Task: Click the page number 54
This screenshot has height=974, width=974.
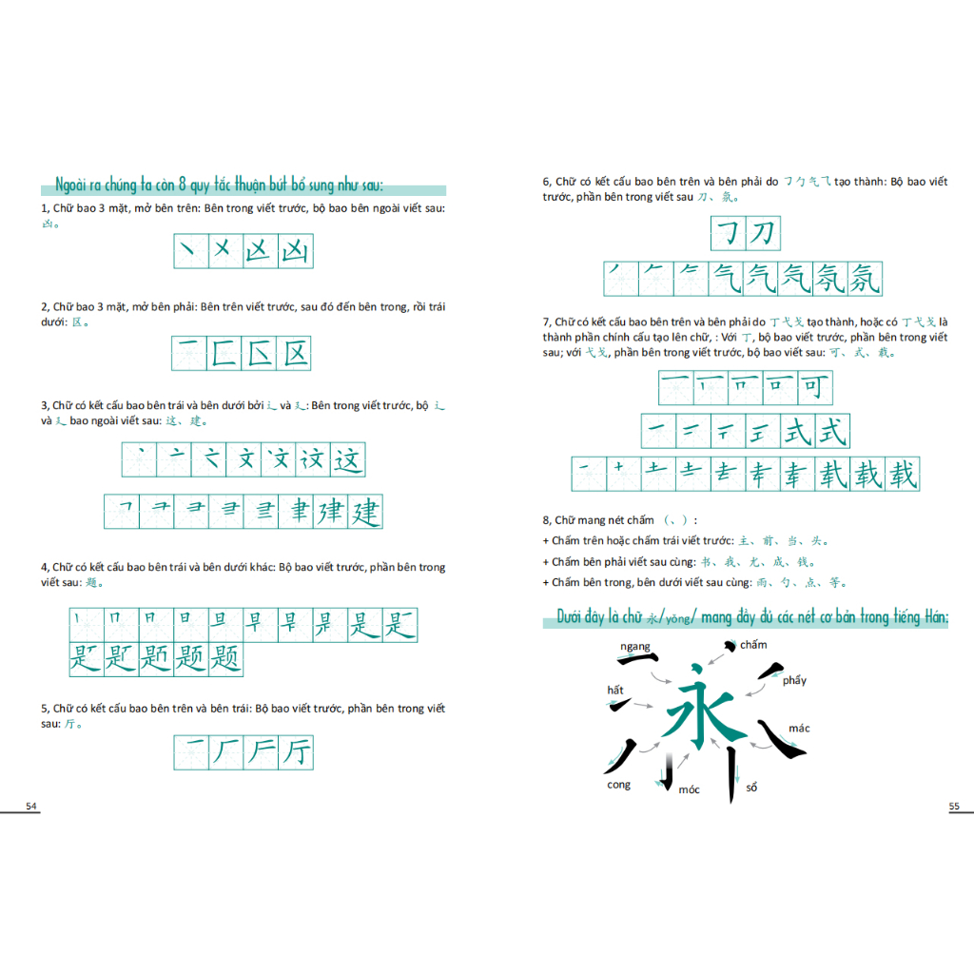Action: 31,807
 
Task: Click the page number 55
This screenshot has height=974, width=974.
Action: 954,807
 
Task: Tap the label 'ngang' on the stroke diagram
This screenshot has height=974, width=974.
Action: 634,647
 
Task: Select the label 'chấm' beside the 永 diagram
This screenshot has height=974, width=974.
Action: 753,645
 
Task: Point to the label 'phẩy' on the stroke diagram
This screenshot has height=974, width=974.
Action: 794,680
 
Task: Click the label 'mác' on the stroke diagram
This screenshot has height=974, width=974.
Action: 799,729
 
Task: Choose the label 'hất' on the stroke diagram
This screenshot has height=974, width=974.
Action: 616,690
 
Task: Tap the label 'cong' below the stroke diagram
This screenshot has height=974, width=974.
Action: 618,785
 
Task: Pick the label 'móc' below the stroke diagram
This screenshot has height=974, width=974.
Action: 689,789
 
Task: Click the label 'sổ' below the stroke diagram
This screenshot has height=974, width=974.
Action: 751,787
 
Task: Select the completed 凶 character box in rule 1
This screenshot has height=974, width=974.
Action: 295,251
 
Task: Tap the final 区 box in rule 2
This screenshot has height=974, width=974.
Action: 295,354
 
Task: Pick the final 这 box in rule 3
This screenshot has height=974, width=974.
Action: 348,460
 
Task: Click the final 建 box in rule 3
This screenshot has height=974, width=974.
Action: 365,512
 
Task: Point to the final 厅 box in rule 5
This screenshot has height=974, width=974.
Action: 295,752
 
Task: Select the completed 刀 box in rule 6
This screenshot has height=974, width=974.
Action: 763,233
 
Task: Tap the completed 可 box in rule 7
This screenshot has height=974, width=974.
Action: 815,388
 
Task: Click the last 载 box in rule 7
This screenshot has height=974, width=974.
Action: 901,474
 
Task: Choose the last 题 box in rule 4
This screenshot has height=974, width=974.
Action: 225,658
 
